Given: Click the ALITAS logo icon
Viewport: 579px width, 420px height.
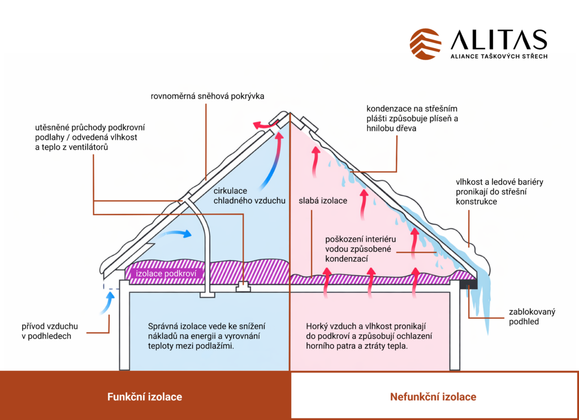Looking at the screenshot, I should [x=426, y=44].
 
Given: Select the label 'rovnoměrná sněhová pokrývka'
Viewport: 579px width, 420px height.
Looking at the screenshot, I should [x=208, y=96].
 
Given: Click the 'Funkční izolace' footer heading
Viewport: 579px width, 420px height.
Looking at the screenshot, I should [x=145, y=397].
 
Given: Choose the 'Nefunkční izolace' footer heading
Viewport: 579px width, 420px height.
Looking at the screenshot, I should [x=433, y=397].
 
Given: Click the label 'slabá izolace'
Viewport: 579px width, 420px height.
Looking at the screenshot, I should [x=323, y=200].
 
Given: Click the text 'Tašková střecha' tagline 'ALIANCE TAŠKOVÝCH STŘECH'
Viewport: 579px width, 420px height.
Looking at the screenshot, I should [x=498, y=57].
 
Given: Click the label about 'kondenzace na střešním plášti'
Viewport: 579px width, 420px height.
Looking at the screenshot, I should [x=412, y=118].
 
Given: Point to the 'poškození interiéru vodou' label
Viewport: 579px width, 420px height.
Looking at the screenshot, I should [x=360, y=248].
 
